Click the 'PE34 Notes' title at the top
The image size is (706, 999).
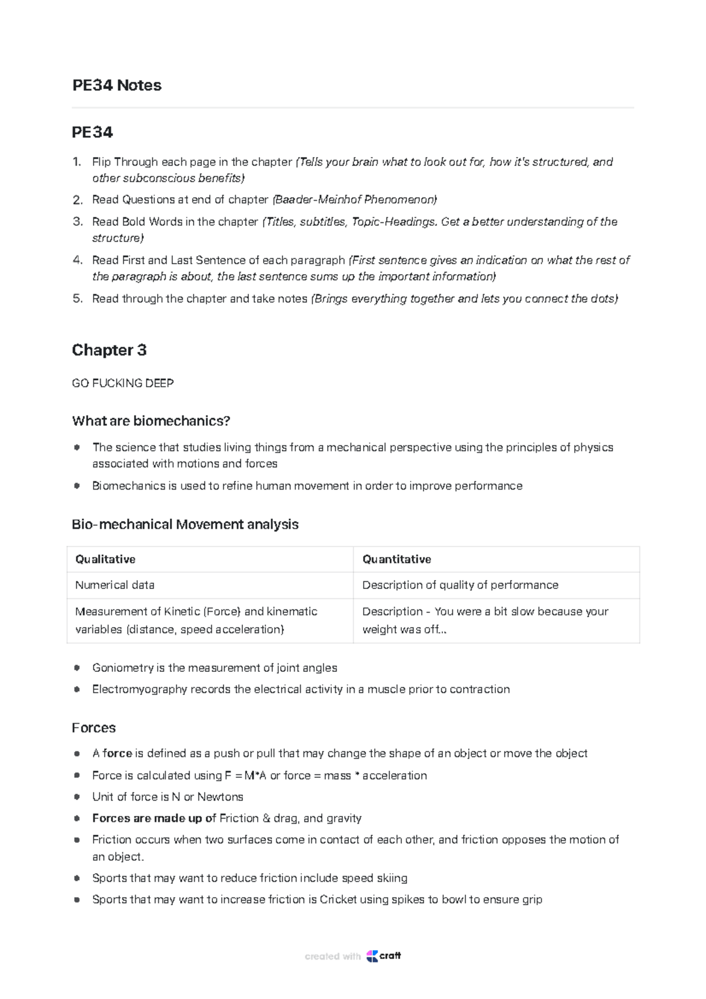pos(116,85)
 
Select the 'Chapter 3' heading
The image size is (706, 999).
pos(109,350)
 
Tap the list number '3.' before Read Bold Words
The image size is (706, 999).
pos(78,222)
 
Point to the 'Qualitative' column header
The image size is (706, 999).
pos(105,560)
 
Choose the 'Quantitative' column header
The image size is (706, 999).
pos(397,560)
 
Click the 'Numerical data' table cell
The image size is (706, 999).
pos(115,585)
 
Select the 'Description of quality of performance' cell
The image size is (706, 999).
pos(460,585)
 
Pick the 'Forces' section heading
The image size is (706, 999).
pos(94,728)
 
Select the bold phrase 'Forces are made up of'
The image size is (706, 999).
pos(154,818)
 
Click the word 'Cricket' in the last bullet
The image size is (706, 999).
pos(338,900)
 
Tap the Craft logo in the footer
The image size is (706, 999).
pos(383,956)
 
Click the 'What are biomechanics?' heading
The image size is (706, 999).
pos(151,421)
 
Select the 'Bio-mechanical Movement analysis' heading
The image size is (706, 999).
pos(185,525)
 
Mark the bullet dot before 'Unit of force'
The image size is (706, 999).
pos(76,797)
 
